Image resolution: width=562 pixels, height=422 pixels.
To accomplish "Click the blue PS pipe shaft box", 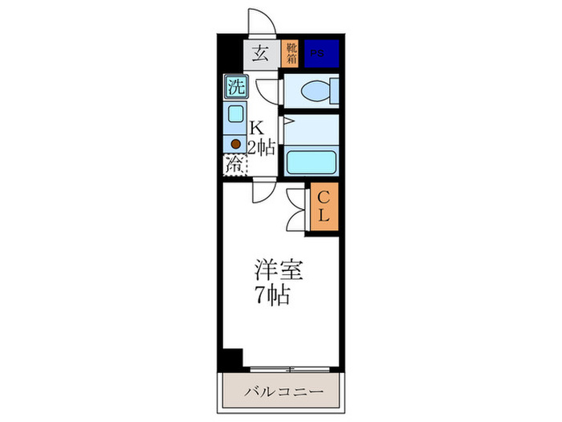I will coord(320,54).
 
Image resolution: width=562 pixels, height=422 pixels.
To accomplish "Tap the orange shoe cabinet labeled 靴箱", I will coord(290,54).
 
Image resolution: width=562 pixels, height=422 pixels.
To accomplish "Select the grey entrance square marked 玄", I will coord(261,54).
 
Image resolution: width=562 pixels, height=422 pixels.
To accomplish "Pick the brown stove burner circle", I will coord(235,144).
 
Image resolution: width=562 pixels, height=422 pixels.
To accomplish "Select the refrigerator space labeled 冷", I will coord(234,167).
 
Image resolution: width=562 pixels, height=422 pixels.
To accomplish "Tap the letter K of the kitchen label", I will coord(257,128).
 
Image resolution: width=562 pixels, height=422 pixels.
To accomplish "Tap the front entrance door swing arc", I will coord(263,22).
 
